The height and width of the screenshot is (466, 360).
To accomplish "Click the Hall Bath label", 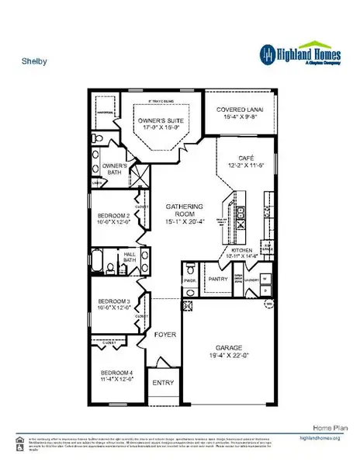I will click(132, 257).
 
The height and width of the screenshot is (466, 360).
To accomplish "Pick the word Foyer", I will click(165, 336).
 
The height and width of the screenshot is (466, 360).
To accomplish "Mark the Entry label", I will click(164, 383).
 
